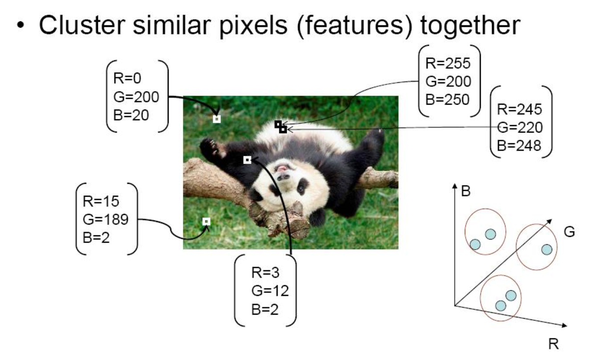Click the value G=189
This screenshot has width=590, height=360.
point(106,219)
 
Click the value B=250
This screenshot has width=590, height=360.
point(448,99)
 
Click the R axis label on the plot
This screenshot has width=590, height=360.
point(553,343)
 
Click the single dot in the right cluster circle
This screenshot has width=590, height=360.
point(546,250)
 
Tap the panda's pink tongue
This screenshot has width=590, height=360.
point(282,168)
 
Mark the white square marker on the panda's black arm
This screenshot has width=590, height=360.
point(247,160)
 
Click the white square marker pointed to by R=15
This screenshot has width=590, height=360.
point(206,221)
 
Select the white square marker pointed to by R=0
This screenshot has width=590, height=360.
point(216,119)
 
